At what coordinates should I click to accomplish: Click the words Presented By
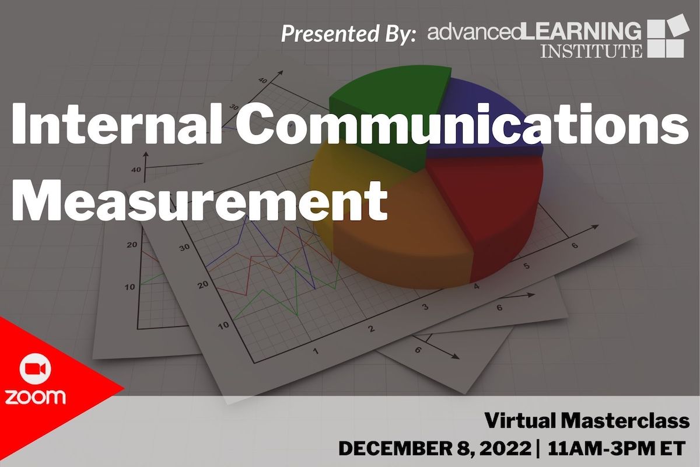tap(348, 33)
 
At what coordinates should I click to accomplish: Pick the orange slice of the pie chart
tap(402, 233)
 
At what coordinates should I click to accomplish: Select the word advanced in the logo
tap(473, 32)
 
